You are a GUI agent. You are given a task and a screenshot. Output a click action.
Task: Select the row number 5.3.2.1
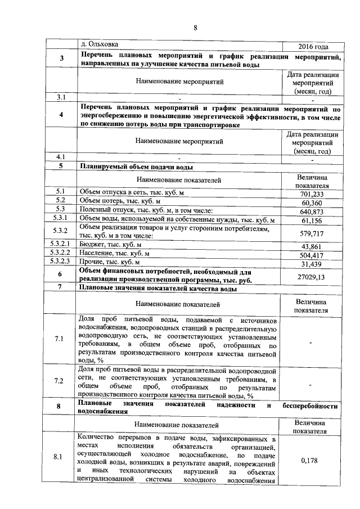[61, 245]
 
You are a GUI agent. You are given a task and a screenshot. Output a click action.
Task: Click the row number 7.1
[60, 339]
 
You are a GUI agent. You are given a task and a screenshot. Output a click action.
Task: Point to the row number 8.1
[60, 457]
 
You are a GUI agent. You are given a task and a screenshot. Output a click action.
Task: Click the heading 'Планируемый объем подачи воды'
[137, 167]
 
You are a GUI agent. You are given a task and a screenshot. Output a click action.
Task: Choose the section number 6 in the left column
[60, 274]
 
